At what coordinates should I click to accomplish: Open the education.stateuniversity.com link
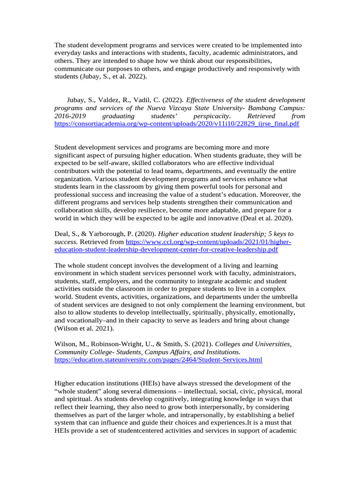point(158,360)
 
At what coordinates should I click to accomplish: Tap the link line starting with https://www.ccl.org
point(209,241)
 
